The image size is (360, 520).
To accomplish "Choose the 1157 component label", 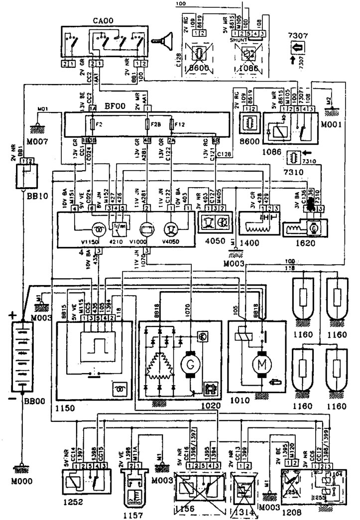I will point(132,512).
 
